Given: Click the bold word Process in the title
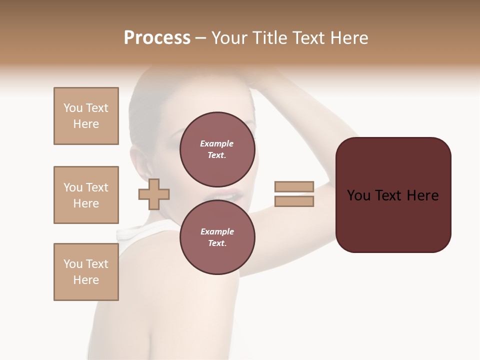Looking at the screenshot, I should click(157, 38).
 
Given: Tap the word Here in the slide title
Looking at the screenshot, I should click(348, 38).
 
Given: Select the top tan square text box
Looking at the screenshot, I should click(86, 116).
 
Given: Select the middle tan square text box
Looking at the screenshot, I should click(86, 195).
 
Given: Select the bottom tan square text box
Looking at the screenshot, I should click(86, 272).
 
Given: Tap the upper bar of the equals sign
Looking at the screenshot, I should click(294, 187).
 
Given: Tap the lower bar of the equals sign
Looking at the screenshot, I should click(294, 201).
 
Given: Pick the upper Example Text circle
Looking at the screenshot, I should click(217, 149).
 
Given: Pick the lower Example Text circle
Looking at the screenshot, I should click(217, 237).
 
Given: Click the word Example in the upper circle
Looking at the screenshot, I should click(217, 143).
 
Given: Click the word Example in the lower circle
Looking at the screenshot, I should click(217, 231).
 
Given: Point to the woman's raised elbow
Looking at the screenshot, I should click(345, 145).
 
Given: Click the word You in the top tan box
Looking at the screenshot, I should click(72, 108).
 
